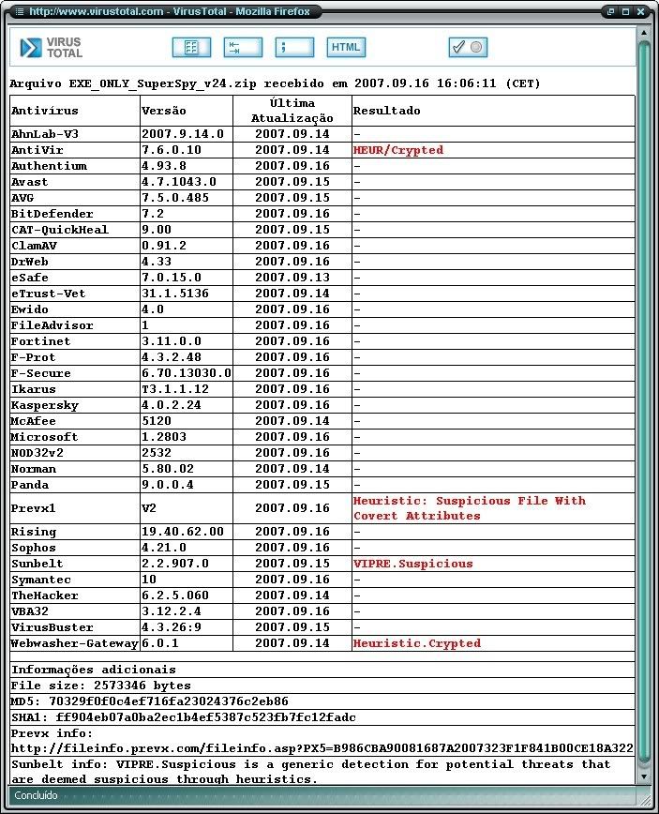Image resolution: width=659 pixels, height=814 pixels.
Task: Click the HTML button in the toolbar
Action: coord(346,47)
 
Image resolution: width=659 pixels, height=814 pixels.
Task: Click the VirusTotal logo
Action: coord(52,48)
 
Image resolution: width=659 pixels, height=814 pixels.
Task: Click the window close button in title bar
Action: coord(641,11)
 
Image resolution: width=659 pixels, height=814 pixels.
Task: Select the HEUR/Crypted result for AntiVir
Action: coord(397,150)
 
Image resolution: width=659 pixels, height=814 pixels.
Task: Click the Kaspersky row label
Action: coord(45,405)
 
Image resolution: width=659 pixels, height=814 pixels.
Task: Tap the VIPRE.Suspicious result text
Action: coord(412,564)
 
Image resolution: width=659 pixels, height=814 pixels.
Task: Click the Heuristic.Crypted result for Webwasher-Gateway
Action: coord(416,643)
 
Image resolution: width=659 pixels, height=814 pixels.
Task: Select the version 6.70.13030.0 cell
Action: coord(186,373)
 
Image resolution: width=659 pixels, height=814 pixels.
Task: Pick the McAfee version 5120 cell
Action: coord(157,421)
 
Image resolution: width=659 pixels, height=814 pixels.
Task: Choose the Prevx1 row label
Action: coord(34,507)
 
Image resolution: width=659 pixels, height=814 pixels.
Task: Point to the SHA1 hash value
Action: coord(205,716)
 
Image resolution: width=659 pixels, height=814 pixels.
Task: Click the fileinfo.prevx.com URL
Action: coord(322,748)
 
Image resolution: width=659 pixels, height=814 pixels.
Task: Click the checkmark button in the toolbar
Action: coord(467,47)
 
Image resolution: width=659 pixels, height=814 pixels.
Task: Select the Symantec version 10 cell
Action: coord(149,580)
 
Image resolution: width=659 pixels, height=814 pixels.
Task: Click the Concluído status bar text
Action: coord(35,795)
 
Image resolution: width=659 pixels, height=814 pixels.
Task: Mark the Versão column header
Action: coord(164,111)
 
